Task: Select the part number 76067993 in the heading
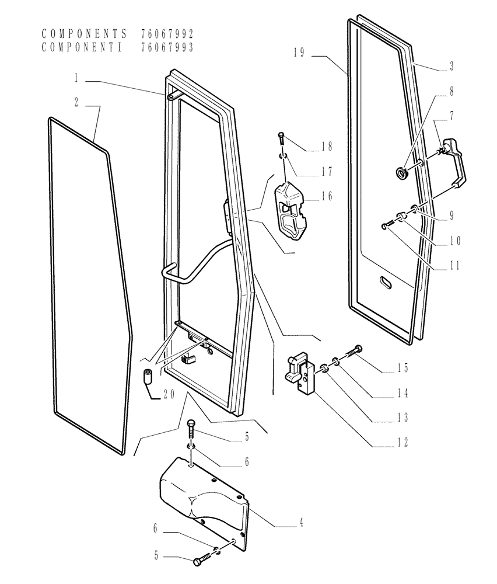[x=167, y=47]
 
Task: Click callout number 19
[x=299, y=53]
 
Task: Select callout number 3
[x=451, y=67]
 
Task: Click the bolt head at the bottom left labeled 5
[x=197, y=562]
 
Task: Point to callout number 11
[x=454, y=266]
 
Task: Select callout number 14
[x=402, y=393]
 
